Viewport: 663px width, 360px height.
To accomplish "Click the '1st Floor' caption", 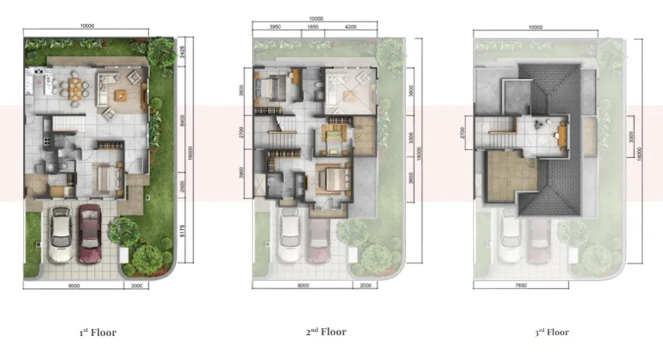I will click(x=97, y=332).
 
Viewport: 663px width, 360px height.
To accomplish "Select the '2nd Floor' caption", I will click(x=326, y=331).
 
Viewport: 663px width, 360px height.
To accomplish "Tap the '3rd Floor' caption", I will click(x=552, y=332).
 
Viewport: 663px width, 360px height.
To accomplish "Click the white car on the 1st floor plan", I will click(x=61, y=233).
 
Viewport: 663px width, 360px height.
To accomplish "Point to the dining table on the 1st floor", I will click(x=73, y=83).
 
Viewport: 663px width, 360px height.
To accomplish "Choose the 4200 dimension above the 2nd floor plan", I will click(x=351, y=27).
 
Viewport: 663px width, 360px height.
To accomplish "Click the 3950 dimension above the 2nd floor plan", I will click(x=274, y=27).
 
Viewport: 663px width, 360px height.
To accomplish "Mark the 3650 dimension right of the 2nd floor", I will click(x=410, y=180).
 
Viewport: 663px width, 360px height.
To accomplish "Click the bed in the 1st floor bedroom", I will click(x=105, y=177).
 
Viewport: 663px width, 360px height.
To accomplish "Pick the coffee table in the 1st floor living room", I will click(x=121, y=96).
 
